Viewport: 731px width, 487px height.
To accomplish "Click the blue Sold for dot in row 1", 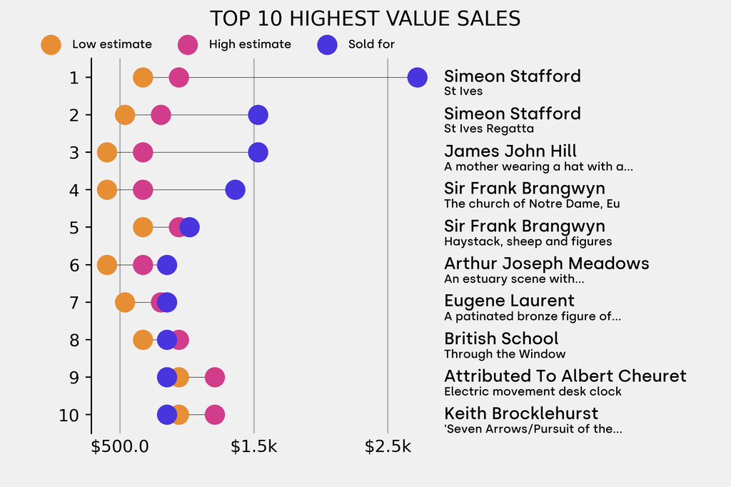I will [x=417, y=77].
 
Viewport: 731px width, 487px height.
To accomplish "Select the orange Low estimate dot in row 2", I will [x=125, y=115].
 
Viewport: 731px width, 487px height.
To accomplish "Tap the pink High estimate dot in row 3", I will [x=143, y=152].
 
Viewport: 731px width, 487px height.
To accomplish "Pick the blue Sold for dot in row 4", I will [x=235, y=190].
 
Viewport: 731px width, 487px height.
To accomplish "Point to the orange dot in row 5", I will [x=143, y=227].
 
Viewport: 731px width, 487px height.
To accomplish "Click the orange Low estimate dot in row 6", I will [x=107, y=265].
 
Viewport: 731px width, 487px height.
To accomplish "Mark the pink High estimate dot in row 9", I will [x=214, y=377].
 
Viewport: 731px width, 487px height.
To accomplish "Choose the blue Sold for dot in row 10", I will [x=166, y=415].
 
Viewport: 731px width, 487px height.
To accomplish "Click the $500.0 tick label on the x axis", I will [x=120, y=447].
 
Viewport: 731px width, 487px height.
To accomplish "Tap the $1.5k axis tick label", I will [x=254, y=447].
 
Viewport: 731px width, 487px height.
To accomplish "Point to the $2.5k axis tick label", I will [x=388, y=447].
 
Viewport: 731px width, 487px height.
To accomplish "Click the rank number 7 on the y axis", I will [x=74, y=303].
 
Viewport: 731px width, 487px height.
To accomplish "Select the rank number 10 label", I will [x=69, y=415].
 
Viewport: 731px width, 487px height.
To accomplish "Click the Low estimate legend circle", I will [x=51, y=44].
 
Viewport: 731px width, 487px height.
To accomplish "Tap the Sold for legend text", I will [x=371, y=44].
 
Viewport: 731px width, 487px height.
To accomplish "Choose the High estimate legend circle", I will [x=188, y=44].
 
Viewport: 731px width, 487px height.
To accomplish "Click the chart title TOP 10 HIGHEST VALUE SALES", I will [x=365, y=19].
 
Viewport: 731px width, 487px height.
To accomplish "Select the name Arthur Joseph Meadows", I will [x=546, y=263].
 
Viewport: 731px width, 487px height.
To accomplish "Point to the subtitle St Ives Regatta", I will [x=488, y=129].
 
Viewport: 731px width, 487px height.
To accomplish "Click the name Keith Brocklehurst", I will [x=521, y=413].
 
